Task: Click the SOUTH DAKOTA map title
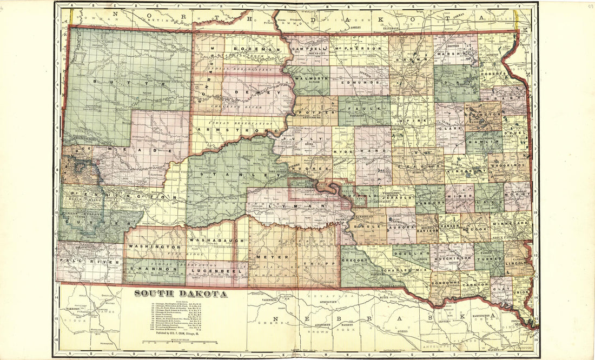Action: [x=181, y=294]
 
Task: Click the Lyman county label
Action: [x=296, y=206]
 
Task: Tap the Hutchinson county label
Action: [x=453, y=259]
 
